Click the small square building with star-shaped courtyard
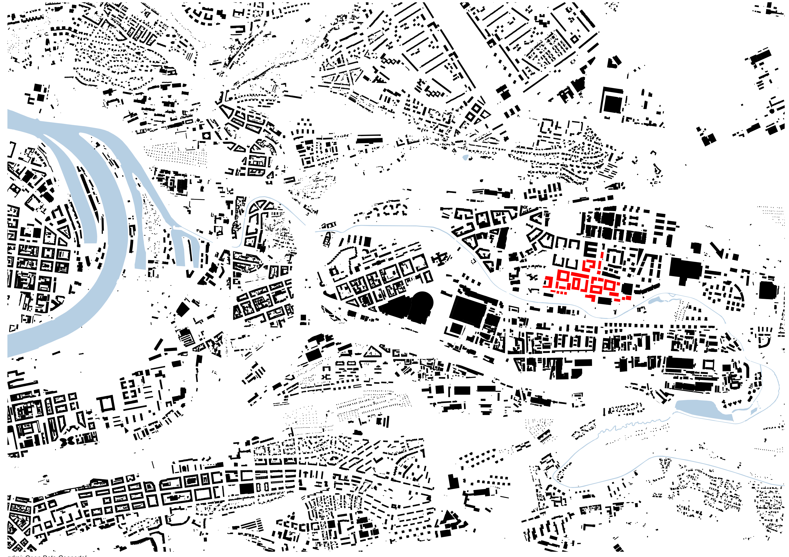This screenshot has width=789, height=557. (x=206, y=136)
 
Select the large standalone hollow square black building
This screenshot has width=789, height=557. (x=107, y=404)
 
